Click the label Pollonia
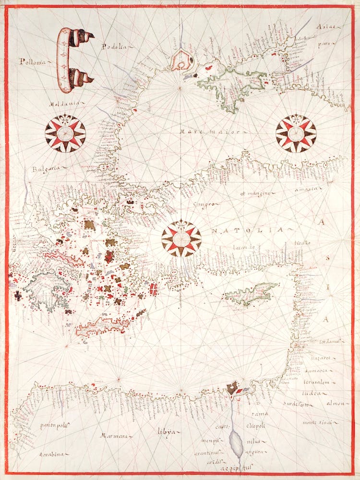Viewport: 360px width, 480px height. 31,61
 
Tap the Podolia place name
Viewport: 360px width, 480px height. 113,46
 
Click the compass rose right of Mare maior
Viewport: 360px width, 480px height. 296,133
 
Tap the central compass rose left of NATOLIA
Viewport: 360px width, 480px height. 181,239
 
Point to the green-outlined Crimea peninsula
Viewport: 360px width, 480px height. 230,86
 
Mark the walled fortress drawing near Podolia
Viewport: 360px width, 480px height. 181,60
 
